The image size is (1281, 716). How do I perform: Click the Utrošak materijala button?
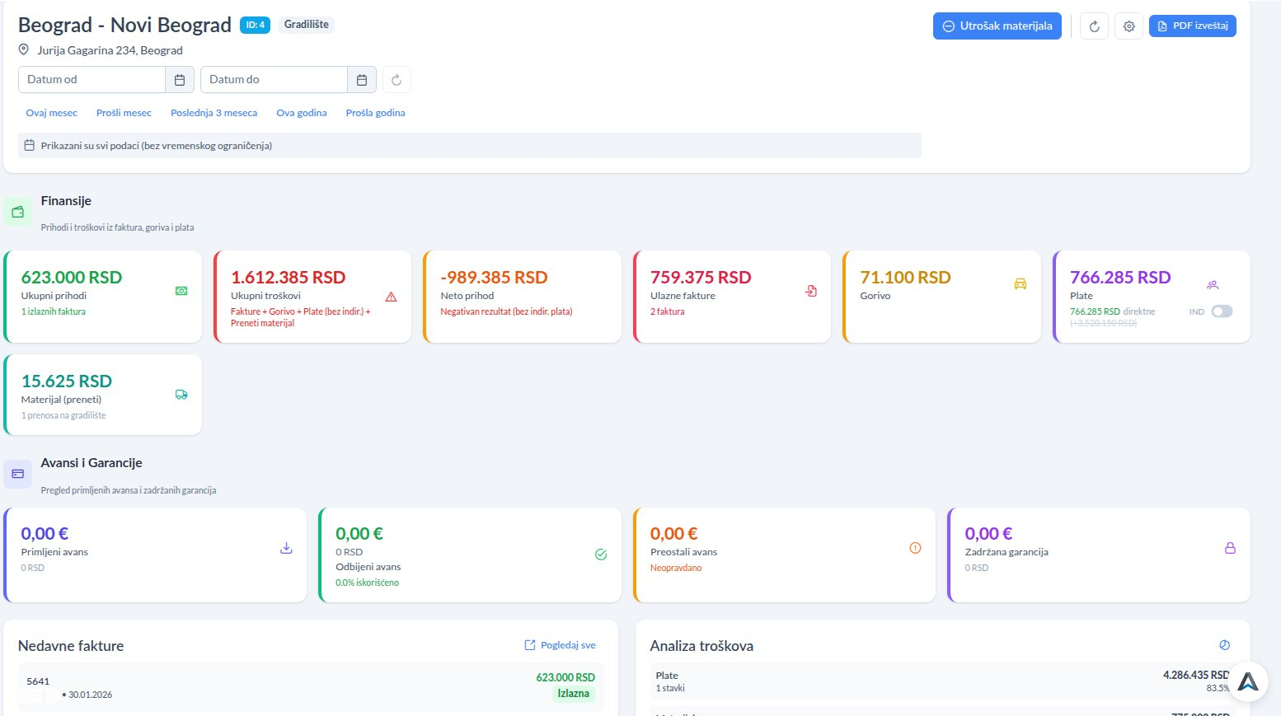[x=997, y=26]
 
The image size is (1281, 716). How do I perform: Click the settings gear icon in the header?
[x=1128, y=26]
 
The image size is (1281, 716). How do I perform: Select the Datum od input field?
[x=91, y=79]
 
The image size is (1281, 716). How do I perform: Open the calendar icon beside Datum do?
[x=362, y=80]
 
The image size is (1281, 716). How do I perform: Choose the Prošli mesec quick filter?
[x=124, y=113]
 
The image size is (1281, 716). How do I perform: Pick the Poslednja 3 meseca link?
[x=213, y=113]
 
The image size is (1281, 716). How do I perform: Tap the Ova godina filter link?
[x=301, y=113]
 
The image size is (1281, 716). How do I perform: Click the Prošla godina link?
[x=375, y=113]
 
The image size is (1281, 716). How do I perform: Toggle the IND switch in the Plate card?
[x=1222, y=311]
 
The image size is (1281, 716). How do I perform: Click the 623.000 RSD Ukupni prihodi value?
[x=72, y=278]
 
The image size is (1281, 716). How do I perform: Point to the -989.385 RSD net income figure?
[x=494, y=278]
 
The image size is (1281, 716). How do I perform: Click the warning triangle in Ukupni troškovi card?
[x=391, y=297]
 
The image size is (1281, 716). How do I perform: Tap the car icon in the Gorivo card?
[x=1020, y=284]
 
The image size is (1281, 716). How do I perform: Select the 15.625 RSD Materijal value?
[x=67, y=381]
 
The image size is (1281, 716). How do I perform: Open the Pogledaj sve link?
[x=561, y=645]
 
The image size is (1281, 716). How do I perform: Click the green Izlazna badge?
[x=573, y=694]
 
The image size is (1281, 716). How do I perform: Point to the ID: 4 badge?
[x=255, y=25]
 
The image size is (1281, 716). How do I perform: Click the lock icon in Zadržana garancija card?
[x=1230, y=548]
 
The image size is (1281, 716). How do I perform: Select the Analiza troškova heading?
[x=701, y=646]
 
